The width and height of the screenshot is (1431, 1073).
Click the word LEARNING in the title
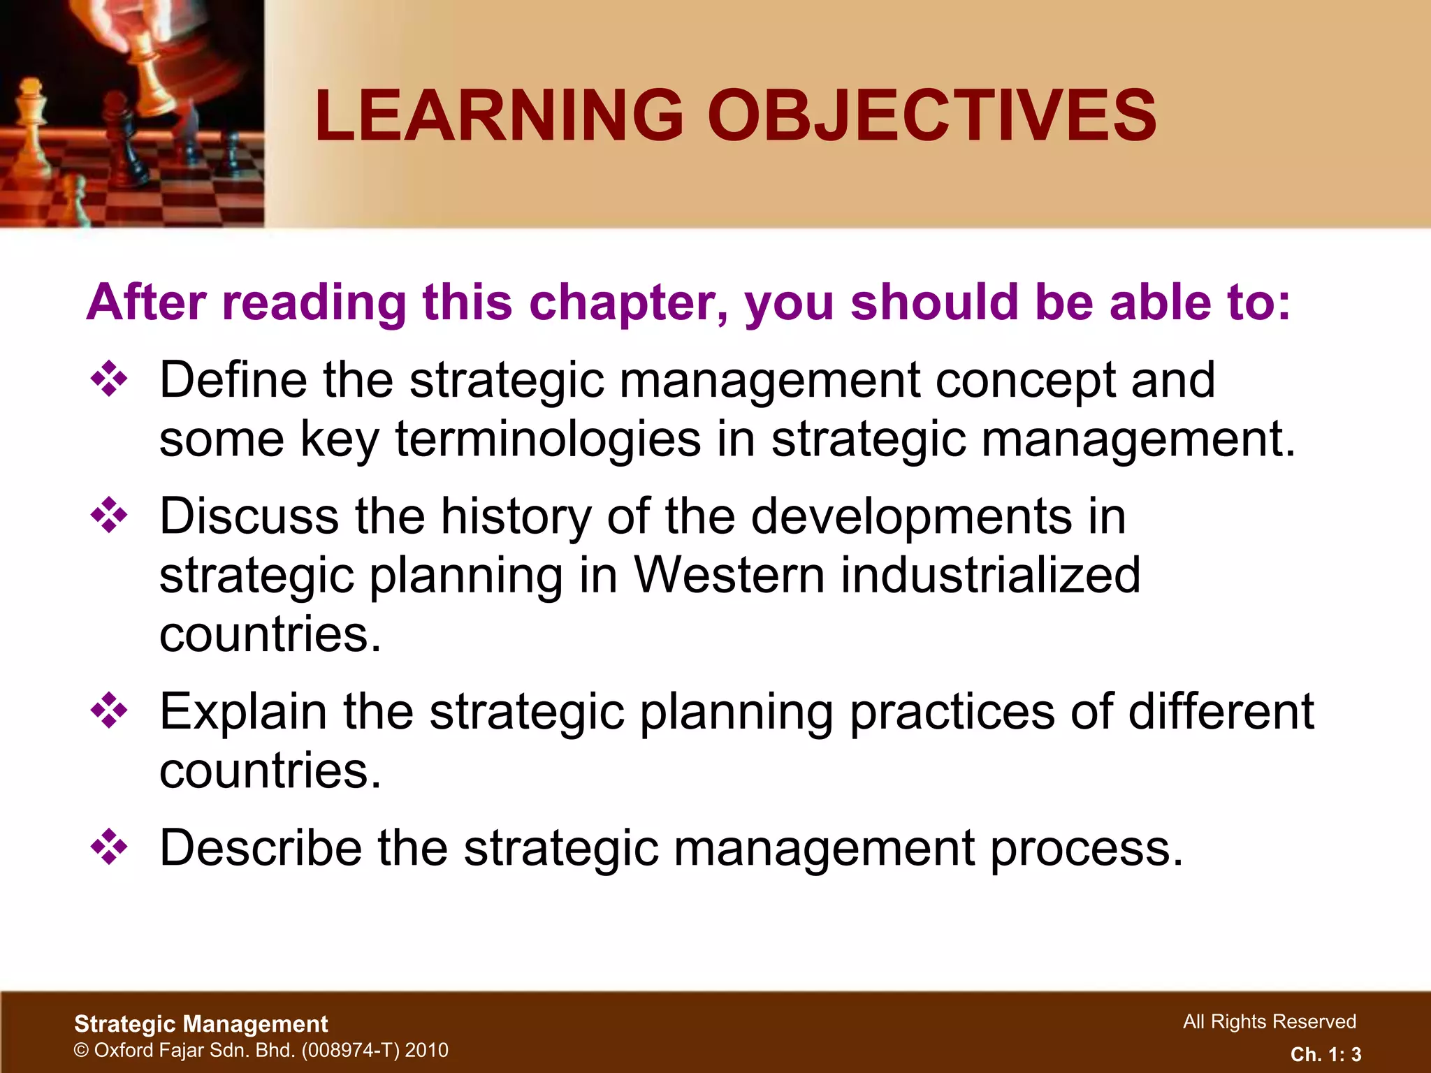click(x=499, y=115)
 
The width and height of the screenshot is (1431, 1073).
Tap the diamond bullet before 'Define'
click(x=109, y=380)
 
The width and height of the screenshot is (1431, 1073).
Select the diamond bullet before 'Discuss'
click(x=109, y=516)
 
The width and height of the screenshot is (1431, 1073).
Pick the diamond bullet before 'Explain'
click(x=109, y=711)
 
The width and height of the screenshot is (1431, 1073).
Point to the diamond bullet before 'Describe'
click(x=109, y=847)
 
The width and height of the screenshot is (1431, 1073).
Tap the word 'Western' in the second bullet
click(x=729, y=576)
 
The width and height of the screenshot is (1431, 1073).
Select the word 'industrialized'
click(x=990, y=576)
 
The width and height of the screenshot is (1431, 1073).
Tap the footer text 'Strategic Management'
click(x=201, y=1023)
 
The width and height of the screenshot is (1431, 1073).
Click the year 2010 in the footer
click(x=426, y=1050)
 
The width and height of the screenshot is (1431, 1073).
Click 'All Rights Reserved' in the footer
click(x=1269, y=1021)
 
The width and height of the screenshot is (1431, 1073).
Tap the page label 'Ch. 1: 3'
click(x=1325, y=1054)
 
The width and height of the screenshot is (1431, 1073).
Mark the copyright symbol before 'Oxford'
click(x=82, y=1050)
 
